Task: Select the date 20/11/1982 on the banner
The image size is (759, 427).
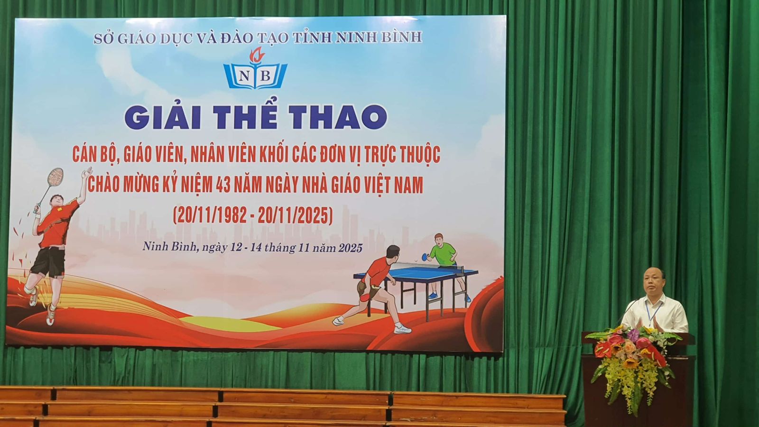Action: point(210,216)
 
